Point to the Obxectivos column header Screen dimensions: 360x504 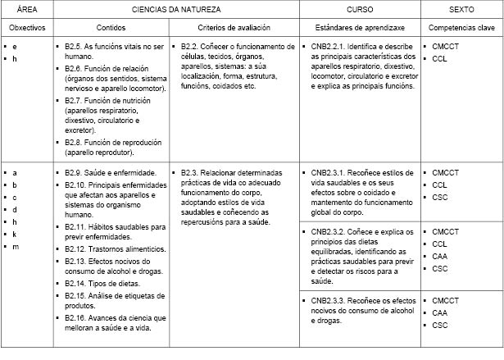point(26,28)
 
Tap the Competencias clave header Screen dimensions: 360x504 point(461,28)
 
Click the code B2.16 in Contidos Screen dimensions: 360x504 point(75,317)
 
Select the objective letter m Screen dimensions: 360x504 point(15,247)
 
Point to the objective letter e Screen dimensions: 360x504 point(15,47)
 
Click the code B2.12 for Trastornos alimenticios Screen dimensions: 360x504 point(75,248)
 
